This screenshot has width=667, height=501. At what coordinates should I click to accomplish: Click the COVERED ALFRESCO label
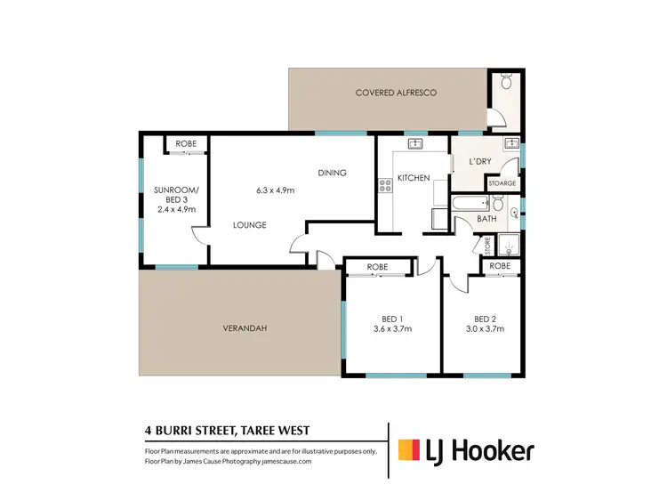click(397, 93)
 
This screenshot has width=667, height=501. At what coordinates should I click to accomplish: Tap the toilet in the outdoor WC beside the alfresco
click(507, 84)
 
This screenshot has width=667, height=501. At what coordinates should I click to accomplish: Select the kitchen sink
click(414, 143)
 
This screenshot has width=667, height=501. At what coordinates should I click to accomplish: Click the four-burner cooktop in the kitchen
click(385, 185)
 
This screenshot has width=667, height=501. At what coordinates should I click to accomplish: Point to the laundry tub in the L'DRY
click(511, 143)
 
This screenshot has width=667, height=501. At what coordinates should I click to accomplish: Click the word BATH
click(486, 219)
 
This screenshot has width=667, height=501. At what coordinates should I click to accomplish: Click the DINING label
click(332, 173)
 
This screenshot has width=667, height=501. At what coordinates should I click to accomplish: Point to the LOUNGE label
click(250, 225)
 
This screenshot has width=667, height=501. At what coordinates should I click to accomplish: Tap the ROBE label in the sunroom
click(186, 143)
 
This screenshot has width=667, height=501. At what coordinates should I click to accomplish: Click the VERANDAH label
click(245, 328)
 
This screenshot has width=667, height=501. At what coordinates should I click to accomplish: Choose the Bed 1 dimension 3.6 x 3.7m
click(391, 328)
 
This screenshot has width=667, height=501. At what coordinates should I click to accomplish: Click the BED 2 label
click(485, 319)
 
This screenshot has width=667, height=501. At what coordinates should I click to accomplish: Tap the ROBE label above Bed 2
click(500, 266)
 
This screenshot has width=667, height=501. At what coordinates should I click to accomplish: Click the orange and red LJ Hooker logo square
click(409, 450)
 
